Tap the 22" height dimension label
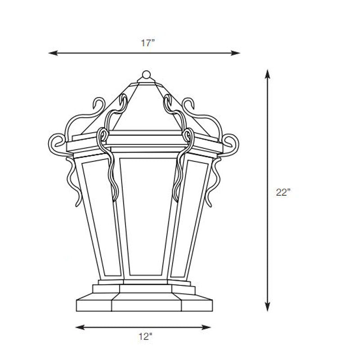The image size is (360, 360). (283, 192)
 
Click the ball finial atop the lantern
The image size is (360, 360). (146, 75)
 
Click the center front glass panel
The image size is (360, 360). (145, 216)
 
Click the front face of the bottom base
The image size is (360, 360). (146, 303)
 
